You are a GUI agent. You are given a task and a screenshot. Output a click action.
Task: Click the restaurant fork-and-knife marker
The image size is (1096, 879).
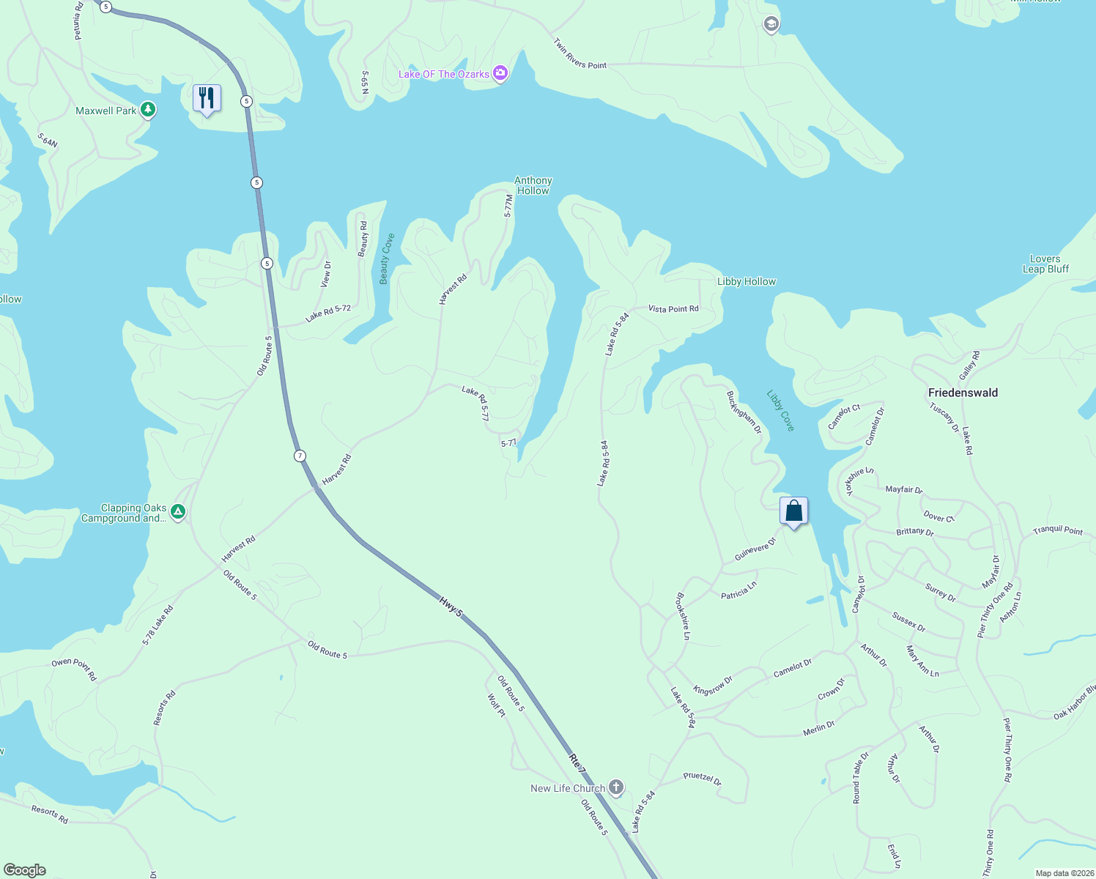click(x=207, y=98)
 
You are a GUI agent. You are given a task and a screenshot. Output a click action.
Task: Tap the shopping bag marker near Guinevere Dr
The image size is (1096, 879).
click(x=793, y=511)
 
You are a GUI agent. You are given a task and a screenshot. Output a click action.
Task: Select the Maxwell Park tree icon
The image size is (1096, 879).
click(x=148, y=110)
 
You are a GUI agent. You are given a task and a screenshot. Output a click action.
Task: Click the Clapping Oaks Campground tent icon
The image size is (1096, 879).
click(x=178, y=512)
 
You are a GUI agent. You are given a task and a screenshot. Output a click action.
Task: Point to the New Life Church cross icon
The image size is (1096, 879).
click(x=616, y=788)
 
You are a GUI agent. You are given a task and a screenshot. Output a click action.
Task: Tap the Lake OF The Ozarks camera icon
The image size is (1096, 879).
click(x=500, y=73)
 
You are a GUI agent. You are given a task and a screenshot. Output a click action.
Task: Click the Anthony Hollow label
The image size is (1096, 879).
click(x=533, y=185)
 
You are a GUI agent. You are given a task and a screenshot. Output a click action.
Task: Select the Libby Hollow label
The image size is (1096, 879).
click(x=746, y=281)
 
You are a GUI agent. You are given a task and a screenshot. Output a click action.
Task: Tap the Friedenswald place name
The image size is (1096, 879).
click(x=963, y=393)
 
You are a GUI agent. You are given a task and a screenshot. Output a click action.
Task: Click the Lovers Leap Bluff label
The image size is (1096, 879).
click(x=1045, y=264)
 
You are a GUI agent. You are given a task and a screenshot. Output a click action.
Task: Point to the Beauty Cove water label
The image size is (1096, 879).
click(x=387, y=259)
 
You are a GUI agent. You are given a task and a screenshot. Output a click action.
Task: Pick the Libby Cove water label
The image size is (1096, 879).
click(x=780, y=410)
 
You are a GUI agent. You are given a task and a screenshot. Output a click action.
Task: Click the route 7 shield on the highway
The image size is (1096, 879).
click(x=300, y=456)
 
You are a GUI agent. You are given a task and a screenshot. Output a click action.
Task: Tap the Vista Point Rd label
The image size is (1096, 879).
click(x=673, y=308)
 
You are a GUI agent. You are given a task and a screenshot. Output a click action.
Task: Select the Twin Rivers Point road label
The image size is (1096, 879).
click(x=580, y=54)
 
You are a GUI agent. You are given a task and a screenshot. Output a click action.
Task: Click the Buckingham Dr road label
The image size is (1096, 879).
click(x=744, y=412)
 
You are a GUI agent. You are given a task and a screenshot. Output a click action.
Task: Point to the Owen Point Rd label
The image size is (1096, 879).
click(x=74, y=670)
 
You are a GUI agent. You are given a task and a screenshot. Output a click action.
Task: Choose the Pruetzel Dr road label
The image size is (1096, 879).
click(x=702, y=779)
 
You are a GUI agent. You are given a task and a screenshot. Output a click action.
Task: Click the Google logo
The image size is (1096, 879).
click(x=25, y=870)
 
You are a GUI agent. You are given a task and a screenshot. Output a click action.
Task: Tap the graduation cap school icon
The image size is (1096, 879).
click(x=771, y=25)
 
